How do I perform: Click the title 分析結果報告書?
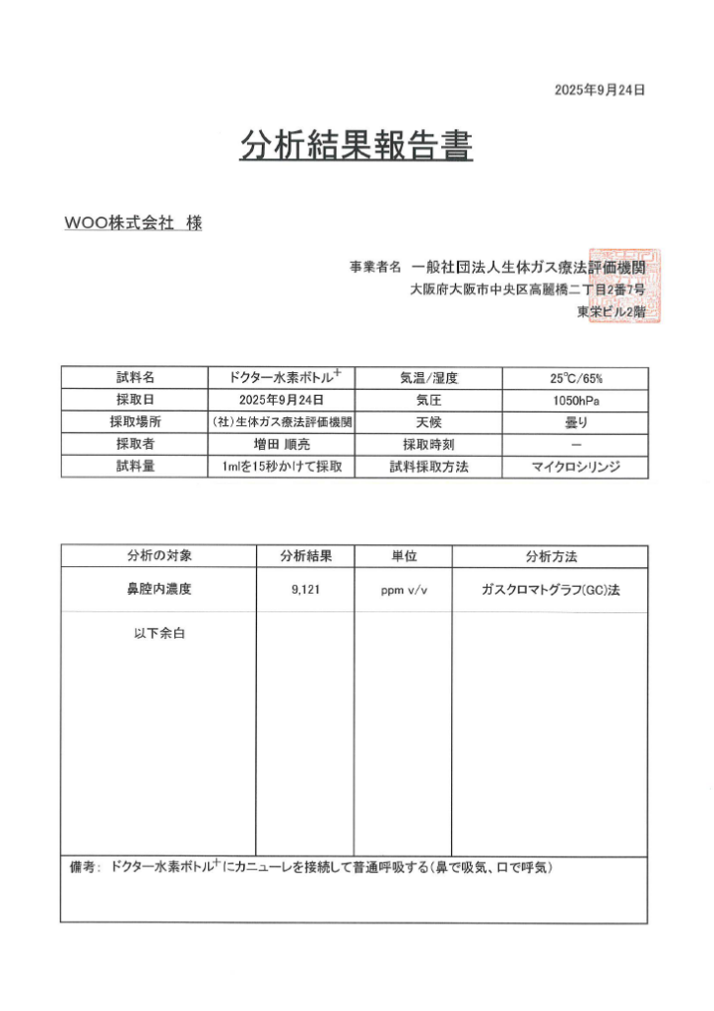pyautogui.click(x=357, y=146)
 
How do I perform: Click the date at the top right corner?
pyautogui.click(x=599, y=91)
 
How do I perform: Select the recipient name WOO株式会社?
pyautogui.click(x=118, y=223)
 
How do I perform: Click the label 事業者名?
pyautogui.click(x=375, y=267)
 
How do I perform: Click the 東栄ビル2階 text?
pyautogui.click(x=611, y=312)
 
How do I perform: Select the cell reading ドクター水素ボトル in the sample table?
pyautogui.click(x=281, y=378)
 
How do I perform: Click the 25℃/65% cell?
pyautogui.click(x=575, y=378)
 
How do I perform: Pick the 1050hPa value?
pyautogui.click(x=575, y=401)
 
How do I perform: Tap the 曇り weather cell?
pyautogui.click(x=575, y=422)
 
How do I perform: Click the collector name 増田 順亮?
pyautogui.click(x=282, y=445)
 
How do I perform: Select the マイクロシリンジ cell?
pyautogui.click(x=575, y=468)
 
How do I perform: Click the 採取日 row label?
pyautogui.click(x=135, y=401)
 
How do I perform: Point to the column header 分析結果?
pyautogui.click(x=305, y=556)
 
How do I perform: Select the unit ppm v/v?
pyautogui.click(x=403, y=591)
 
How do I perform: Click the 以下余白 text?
pyautogui.click(x=160, y=633)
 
